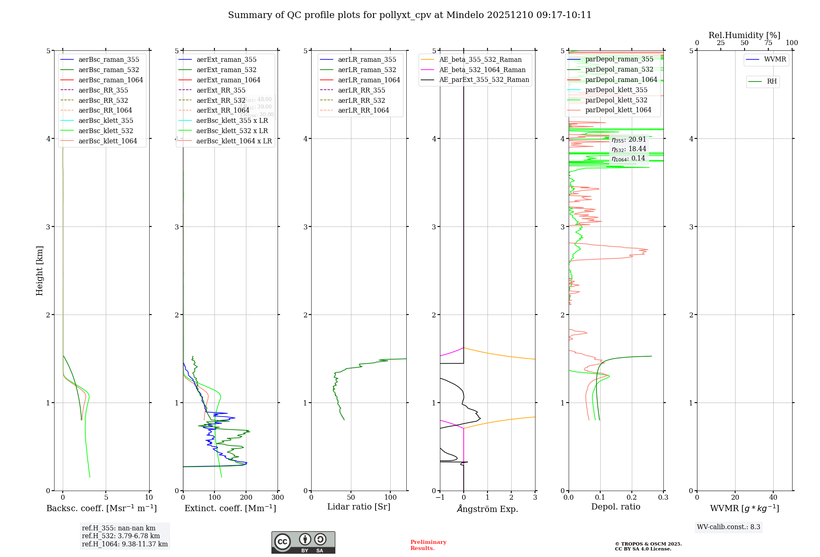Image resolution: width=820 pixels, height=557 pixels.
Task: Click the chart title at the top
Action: point(410,15)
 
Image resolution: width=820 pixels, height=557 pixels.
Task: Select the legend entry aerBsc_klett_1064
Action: point(107,141)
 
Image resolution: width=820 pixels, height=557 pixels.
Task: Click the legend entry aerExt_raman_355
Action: point(226,60)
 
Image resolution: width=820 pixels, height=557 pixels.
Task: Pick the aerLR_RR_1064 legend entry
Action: point(363,110)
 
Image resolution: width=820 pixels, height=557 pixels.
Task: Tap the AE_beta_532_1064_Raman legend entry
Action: point(482,70)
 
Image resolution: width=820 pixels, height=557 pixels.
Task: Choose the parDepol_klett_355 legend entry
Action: point(616,90)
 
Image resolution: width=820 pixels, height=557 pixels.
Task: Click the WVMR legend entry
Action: point(775,59)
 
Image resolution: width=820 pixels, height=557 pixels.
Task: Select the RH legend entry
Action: point(772,82)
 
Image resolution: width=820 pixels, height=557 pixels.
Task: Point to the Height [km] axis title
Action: point(39,270)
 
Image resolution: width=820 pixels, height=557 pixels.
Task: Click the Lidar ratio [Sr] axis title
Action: point(359,507)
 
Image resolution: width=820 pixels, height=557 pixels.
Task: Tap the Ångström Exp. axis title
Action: point(487,509)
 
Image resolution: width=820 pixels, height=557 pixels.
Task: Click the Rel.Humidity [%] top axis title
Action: point(744,35)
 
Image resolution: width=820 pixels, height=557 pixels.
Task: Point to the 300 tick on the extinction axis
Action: point(278,498)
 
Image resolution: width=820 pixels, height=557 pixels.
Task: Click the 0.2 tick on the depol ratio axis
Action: point(632,498)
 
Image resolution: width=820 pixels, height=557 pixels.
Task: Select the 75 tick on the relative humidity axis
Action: point(768,43)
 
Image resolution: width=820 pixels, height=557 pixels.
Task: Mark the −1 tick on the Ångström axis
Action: point(440,498)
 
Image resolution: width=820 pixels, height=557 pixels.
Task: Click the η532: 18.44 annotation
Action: point(629,149)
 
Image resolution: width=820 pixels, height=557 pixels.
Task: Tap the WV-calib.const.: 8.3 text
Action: point(729,527)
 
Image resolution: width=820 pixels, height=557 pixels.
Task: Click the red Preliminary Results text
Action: point(428,545)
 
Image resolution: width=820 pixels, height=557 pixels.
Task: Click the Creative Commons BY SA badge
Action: point(303,542)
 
